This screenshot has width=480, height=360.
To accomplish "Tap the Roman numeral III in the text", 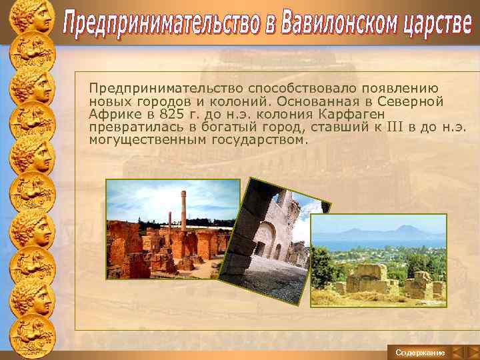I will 395,127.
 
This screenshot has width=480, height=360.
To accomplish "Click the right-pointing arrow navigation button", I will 471,351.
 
